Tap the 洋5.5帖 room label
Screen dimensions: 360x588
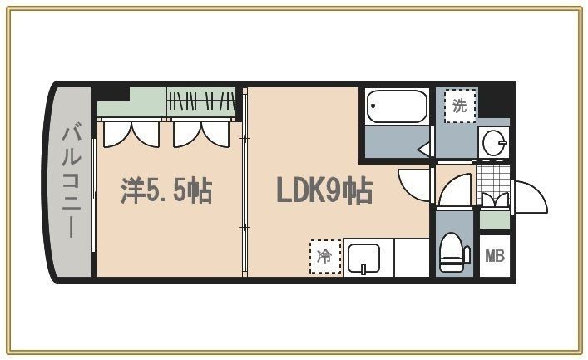[166, 192]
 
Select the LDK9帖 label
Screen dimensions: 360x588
[324, 192]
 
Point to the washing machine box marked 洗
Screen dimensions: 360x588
[459, 105]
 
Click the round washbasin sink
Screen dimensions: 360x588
[494, 142]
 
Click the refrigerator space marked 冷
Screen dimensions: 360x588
[325, 256]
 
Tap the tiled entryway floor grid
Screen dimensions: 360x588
[492, 176]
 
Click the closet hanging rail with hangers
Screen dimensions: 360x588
[200, 103]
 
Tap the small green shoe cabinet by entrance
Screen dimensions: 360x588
[493, 220]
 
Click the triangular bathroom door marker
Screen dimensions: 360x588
[423, 150]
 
